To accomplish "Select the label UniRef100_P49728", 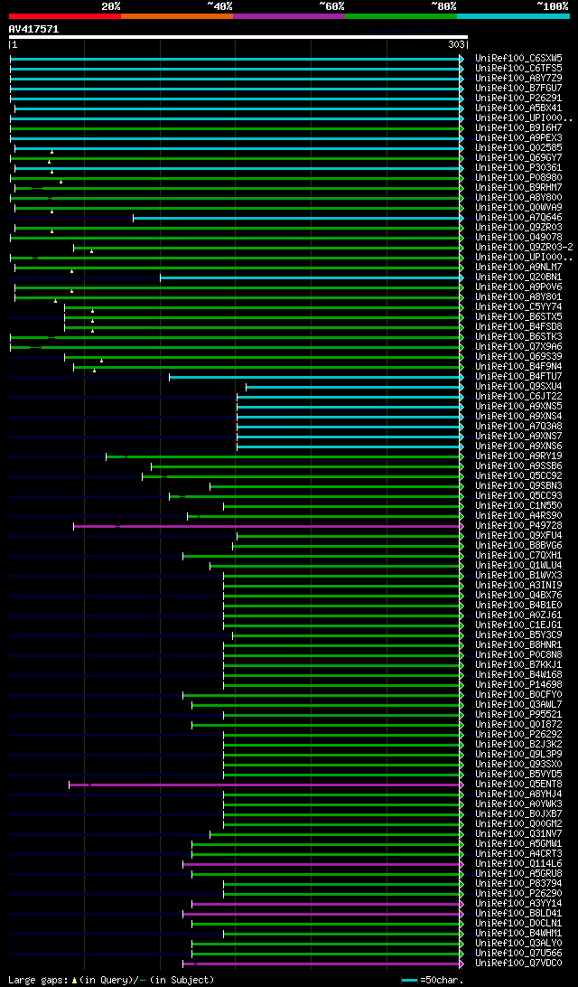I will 510,525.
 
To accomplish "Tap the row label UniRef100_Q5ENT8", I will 510,784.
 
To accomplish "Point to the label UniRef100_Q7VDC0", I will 510,963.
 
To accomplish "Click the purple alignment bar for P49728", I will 271,525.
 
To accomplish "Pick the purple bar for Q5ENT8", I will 271,784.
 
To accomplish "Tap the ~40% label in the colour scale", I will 219,5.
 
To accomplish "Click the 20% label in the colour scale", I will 111,5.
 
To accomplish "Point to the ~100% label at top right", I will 552,5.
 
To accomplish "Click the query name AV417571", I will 33,29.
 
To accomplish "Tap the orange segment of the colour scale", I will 177,15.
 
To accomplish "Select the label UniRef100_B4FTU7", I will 510,376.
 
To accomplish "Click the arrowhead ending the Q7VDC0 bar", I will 461,963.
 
